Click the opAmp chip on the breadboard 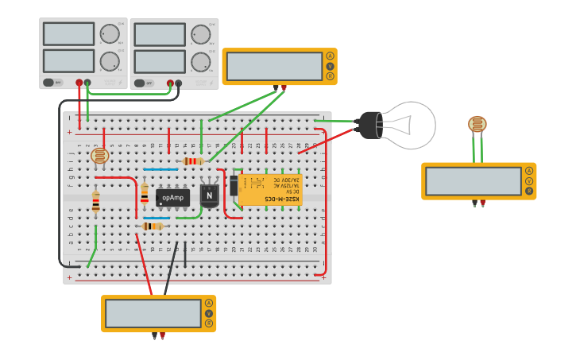172,196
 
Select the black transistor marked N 209,195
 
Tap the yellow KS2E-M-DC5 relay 270,190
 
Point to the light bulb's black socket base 369,125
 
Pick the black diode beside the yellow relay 234,186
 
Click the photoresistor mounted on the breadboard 99,156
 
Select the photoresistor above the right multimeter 477,124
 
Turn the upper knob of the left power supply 109,34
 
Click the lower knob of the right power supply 200,61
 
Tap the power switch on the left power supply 53,82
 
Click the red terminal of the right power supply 169,83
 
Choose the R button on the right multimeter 528,191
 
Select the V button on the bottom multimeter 208,313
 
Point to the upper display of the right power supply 159,34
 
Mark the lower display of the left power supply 68,61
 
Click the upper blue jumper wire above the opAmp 160,169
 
